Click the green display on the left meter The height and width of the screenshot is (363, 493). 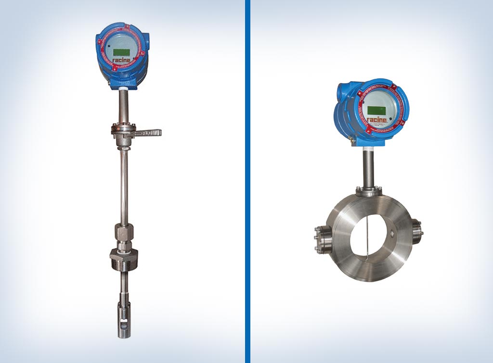click(121, 51)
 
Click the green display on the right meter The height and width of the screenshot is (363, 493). click(376, 111)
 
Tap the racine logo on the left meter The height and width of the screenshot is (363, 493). click(122, 61)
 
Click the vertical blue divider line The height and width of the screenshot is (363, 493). click(247, 181)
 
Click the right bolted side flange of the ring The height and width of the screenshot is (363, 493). click(416, 231)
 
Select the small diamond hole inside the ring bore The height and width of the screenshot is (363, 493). click(392, 233)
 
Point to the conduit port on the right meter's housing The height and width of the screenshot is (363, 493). click(341, 91)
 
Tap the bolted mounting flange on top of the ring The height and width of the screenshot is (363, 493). click(369, 191)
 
